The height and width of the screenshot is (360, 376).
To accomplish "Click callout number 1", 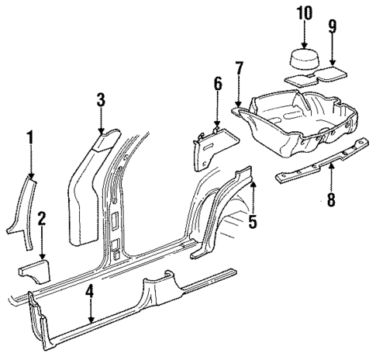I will click(x=30, y=139).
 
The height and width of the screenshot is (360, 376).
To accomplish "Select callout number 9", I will click(x=332, y=28).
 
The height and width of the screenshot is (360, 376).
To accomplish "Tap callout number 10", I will click(x=303, y=13).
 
